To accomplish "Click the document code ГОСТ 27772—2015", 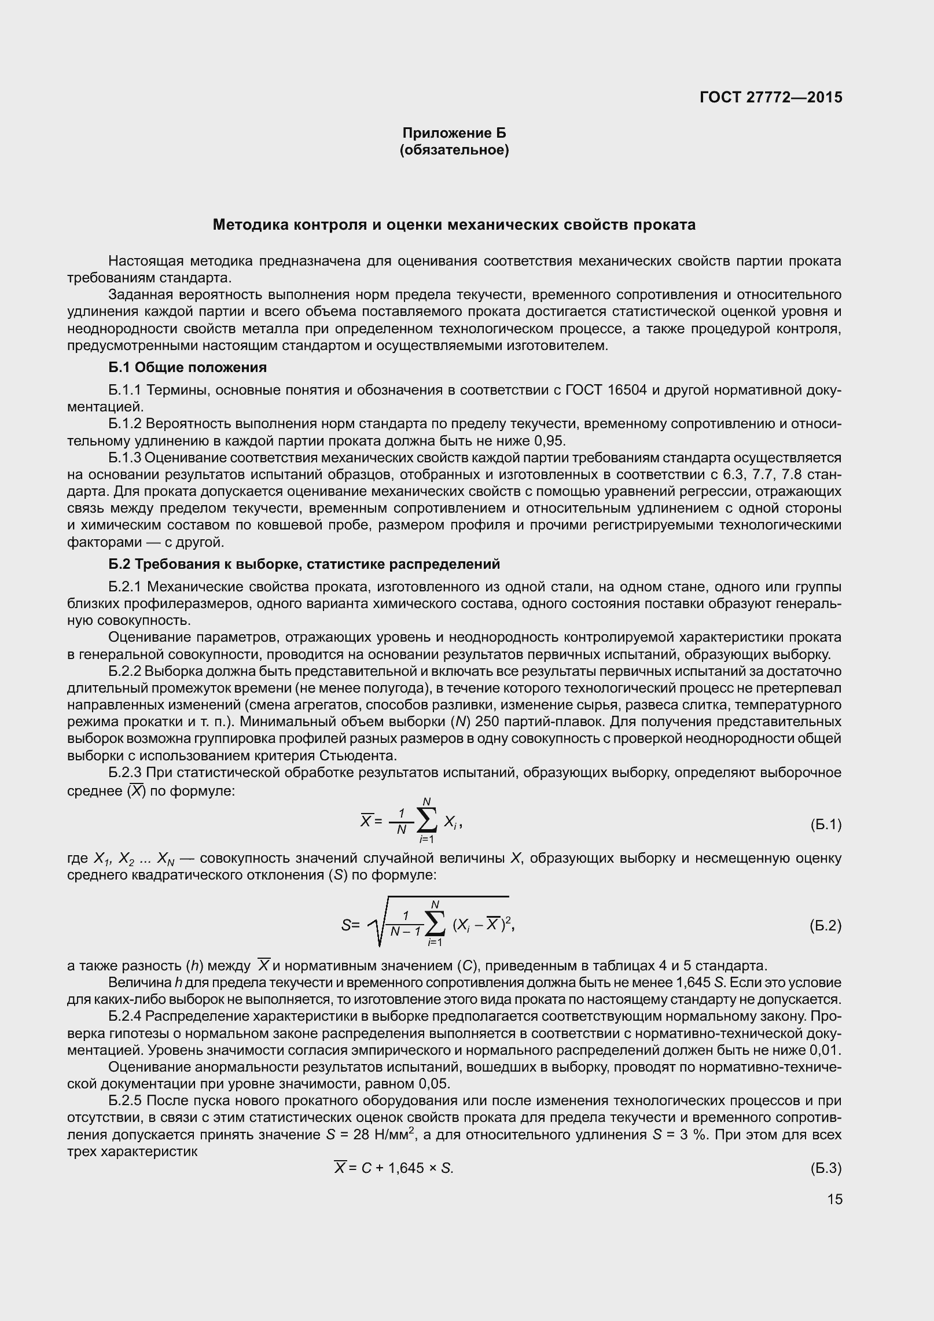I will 770,97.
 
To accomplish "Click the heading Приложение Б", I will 454,133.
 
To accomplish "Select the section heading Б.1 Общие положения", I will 187,367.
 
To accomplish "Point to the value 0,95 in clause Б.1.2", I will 549,441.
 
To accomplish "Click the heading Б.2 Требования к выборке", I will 304,564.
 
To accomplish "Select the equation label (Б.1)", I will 826,825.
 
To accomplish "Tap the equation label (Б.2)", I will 826,926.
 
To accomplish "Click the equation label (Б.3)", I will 826,1168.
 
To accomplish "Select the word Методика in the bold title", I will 248,225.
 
